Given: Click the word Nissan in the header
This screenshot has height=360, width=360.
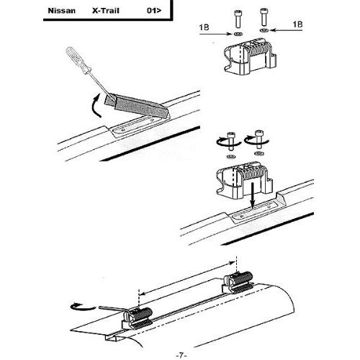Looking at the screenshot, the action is coord(62,11).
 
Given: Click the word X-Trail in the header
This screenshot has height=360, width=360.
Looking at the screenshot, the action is coord(106,11).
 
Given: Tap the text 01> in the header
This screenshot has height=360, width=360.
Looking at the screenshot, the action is coord(154,11).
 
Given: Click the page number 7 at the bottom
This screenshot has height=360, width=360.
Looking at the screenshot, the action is coord(181,355).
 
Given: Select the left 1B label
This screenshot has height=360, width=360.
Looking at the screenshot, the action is coord(204,27).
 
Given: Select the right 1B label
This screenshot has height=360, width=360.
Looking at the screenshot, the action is coord(297,24).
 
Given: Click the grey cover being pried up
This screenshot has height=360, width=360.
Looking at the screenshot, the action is coord(137,106).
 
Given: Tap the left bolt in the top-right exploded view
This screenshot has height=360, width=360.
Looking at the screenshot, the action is coord(237,19).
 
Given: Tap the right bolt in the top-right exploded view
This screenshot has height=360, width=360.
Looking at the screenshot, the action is coord(264,17).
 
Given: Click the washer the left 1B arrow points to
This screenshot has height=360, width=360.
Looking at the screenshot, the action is coord(238,34).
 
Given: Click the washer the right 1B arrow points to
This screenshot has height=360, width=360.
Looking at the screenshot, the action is coord(264,30).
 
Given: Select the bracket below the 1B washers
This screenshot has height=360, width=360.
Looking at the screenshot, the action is coord(251,57).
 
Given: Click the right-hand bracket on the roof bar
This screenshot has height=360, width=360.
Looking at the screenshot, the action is coord(238,283).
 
